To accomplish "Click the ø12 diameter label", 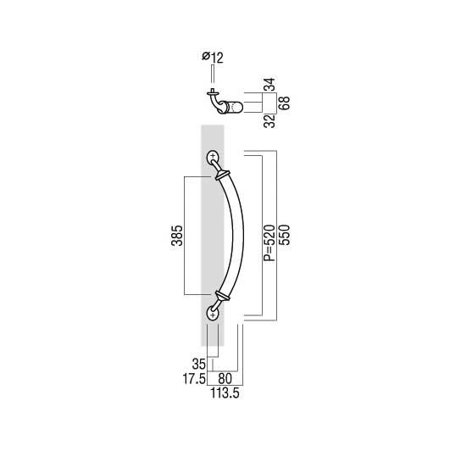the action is (x=213, y=58).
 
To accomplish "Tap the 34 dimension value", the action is (x=269, y=85).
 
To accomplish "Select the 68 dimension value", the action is (x=284, y=103).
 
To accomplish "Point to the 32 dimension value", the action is (x=269, y=121).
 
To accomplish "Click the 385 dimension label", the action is (x=177, y=236).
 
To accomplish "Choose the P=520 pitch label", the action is (x=269, y=243).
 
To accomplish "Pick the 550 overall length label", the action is (x=284, y=235).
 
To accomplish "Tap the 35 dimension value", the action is (x=199, y=365).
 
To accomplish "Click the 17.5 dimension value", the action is (x=194, y=379).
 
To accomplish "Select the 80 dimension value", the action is (x=225, y=379).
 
